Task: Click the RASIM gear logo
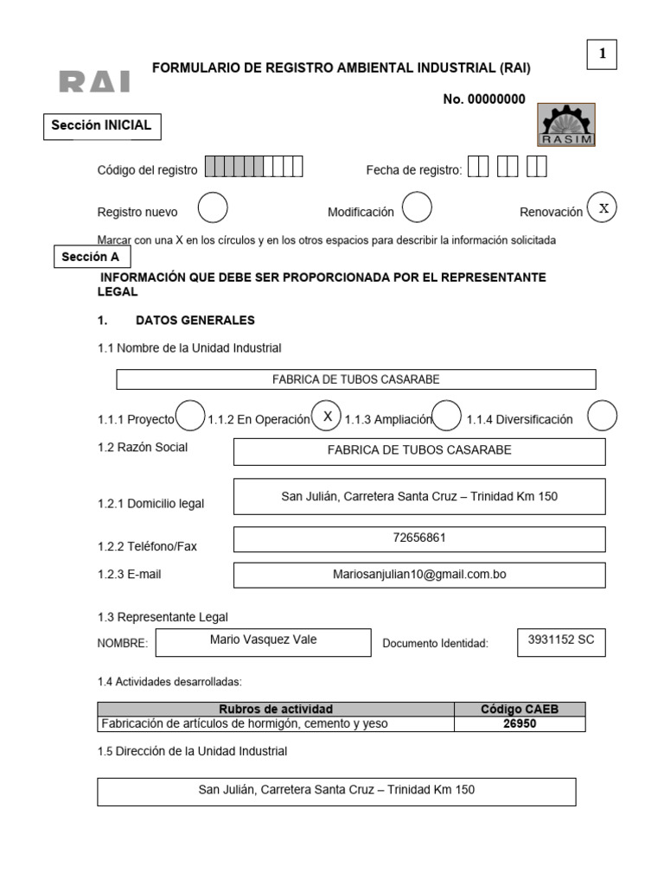[x=566, y=124]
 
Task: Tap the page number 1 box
[x=602, y=54]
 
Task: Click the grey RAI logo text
[x=95, y=82]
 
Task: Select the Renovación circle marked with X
[x=603, y=208]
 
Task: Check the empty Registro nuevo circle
[x=213, y=208]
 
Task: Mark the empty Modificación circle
[x=417, y=208]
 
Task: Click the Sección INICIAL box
[x=101, y=126]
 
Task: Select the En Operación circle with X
[x=327, y=417]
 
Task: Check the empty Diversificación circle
[x=602, y=417]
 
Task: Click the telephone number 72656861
[x=419, y=538]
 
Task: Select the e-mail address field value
[x=419, y=573]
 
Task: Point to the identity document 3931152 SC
[x=560, y=640]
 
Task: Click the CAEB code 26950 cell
[x=520, y=724]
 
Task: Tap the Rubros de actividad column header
[x=276, y=709]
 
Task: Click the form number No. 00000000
[x=483, y=99]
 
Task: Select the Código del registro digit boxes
[x=253, y=168]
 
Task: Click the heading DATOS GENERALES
[x=195, y=321]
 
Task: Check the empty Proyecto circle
[x=190, y=417]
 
